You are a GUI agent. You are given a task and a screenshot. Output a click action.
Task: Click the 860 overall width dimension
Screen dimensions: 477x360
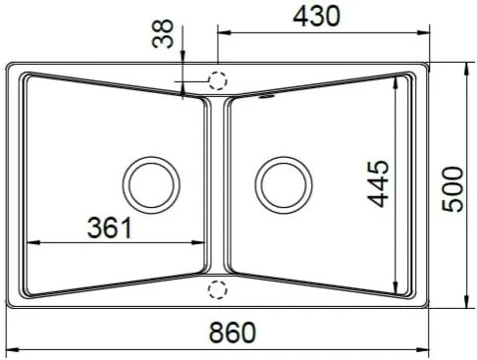[x=233, y=333]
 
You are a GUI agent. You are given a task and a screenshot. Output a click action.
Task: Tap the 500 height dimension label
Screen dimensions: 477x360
[x=452, y=189]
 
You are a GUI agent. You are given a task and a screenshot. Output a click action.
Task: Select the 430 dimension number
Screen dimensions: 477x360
[x=316, y=17]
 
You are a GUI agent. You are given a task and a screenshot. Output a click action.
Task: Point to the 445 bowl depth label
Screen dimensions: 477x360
[x=378, y=183]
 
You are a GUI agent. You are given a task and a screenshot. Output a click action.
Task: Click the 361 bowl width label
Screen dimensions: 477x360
[x=110, y=228]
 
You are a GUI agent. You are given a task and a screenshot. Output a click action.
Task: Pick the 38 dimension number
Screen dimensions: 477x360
[x=163, y=33]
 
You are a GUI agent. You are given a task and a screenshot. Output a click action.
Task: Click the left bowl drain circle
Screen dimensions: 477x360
[x=151, y=185]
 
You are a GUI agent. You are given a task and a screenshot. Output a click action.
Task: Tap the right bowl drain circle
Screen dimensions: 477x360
[x=284, y=185]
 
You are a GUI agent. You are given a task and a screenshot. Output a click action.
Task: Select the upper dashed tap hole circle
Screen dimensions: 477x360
[x=218, y=80]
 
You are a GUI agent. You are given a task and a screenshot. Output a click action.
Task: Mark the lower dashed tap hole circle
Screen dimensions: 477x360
[x=218, y=289]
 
